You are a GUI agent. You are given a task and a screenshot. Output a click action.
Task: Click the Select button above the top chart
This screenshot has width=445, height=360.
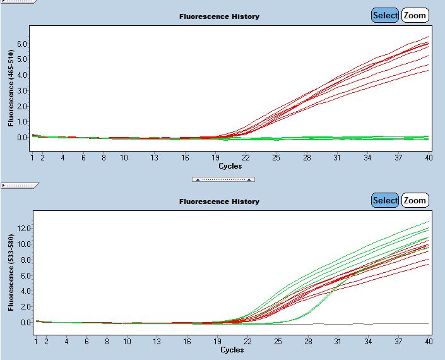point(385,15)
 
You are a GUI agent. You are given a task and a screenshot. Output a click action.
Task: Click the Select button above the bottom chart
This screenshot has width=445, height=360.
point(385,200)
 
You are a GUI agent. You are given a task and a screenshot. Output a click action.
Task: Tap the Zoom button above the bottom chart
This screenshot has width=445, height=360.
point(415,200)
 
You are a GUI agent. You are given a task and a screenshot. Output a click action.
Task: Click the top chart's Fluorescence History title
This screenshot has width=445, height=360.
point(219,16)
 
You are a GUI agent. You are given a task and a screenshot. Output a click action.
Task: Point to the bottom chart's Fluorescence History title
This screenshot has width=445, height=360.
point(219,201)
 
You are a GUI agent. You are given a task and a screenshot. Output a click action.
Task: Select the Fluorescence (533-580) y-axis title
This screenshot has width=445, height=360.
point(12,272)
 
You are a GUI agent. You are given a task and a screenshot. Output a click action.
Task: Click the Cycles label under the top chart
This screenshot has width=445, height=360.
point(230,166)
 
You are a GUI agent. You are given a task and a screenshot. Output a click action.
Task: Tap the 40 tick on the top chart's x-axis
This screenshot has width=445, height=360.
point(429,157)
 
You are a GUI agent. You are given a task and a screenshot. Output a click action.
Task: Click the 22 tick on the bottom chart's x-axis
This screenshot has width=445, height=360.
point(247,342)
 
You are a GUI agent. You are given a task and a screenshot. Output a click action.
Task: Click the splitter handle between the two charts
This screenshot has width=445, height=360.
point(223,179)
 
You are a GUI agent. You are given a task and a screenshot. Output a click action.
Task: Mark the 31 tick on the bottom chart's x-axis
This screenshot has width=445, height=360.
point(338,342)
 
